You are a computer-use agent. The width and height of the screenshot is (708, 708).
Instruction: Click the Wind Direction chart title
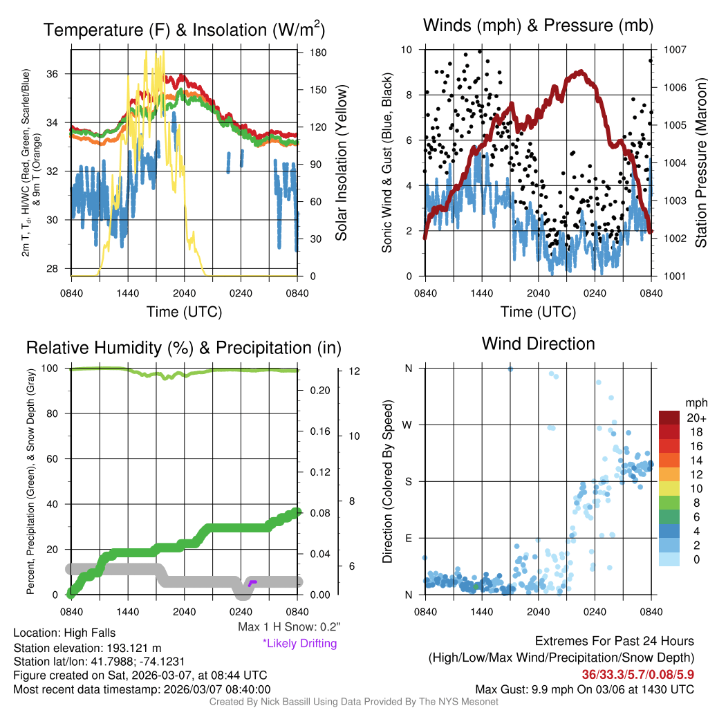pos(538,343)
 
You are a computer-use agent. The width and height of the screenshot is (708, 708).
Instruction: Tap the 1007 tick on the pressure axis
pos(674,50)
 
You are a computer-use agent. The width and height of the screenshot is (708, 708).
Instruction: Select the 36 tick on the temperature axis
pos(60,74)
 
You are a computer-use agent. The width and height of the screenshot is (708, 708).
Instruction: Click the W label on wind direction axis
pos(409,425)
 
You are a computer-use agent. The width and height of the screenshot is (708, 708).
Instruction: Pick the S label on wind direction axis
pos(409,481)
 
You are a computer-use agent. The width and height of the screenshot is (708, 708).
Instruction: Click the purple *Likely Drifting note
pos(299,643)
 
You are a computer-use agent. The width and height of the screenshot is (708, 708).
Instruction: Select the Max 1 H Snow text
pos(288,627)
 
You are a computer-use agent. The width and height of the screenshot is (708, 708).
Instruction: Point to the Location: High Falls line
pos(64,633)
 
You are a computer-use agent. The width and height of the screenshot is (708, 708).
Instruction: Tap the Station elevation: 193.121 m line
pos(87,648)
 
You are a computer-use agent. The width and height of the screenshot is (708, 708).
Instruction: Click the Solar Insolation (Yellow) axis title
pos(342,162)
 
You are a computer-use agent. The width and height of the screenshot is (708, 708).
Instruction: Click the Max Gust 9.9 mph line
pos(584,689)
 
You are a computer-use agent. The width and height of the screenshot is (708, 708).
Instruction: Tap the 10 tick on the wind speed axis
pos(407,50)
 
